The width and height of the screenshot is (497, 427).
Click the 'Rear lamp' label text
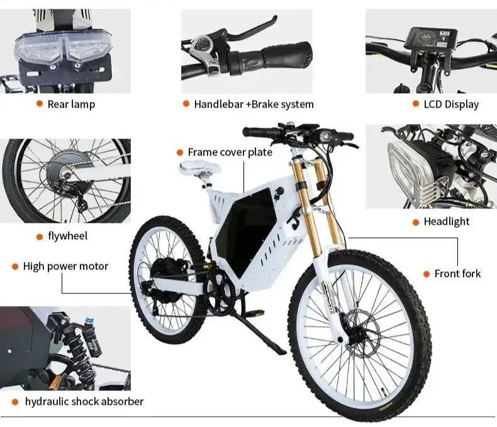point(71,104)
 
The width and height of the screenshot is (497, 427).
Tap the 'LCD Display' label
point(451,104)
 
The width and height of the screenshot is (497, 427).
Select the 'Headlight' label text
point(446,222)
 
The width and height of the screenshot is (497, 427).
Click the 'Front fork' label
point(457,273)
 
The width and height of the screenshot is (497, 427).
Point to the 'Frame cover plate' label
point(230,152)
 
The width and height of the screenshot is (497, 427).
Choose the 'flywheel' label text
point(67,236)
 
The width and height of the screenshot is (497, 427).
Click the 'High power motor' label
point(65,266)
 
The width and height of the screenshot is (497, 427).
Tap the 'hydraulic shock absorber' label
point(84,401)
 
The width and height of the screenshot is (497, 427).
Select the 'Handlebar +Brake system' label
point(254,104)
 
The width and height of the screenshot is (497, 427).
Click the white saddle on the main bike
point(199,168)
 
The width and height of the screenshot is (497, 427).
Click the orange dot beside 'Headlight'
point(416,222)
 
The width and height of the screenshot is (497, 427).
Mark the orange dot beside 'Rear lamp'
point(40,104)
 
